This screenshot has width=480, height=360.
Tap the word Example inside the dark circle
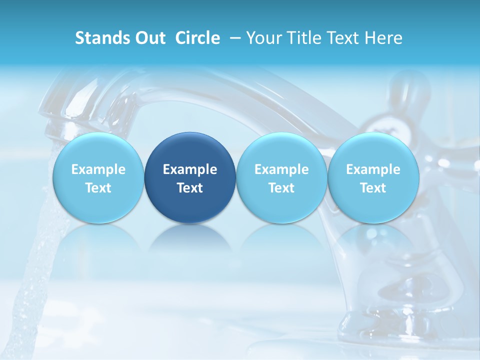click(190, 169)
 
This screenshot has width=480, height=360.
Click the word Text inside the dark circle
click(190, 188)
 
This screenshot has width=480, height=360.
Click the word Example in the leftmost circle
click(98, 169)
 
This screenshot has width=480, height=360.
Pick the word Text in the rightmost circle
click(373, 188)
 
